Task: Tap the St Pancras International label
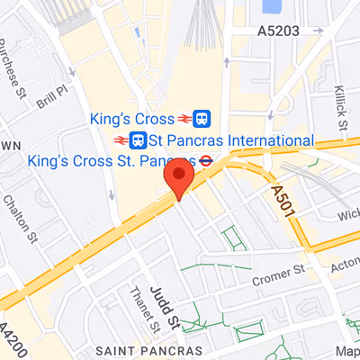pyautogui.click(x=231, y=140)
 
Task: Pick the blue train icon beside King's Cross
pyautogui.click(x=202, y=118)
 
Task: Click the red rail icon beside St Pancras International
pyautogui.click(x=121, y=140)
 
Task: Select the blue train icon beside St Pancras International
pyautogui.click(x=139, y=140)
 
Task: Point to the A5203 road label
pyautogui.click(x=278, y=31)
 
